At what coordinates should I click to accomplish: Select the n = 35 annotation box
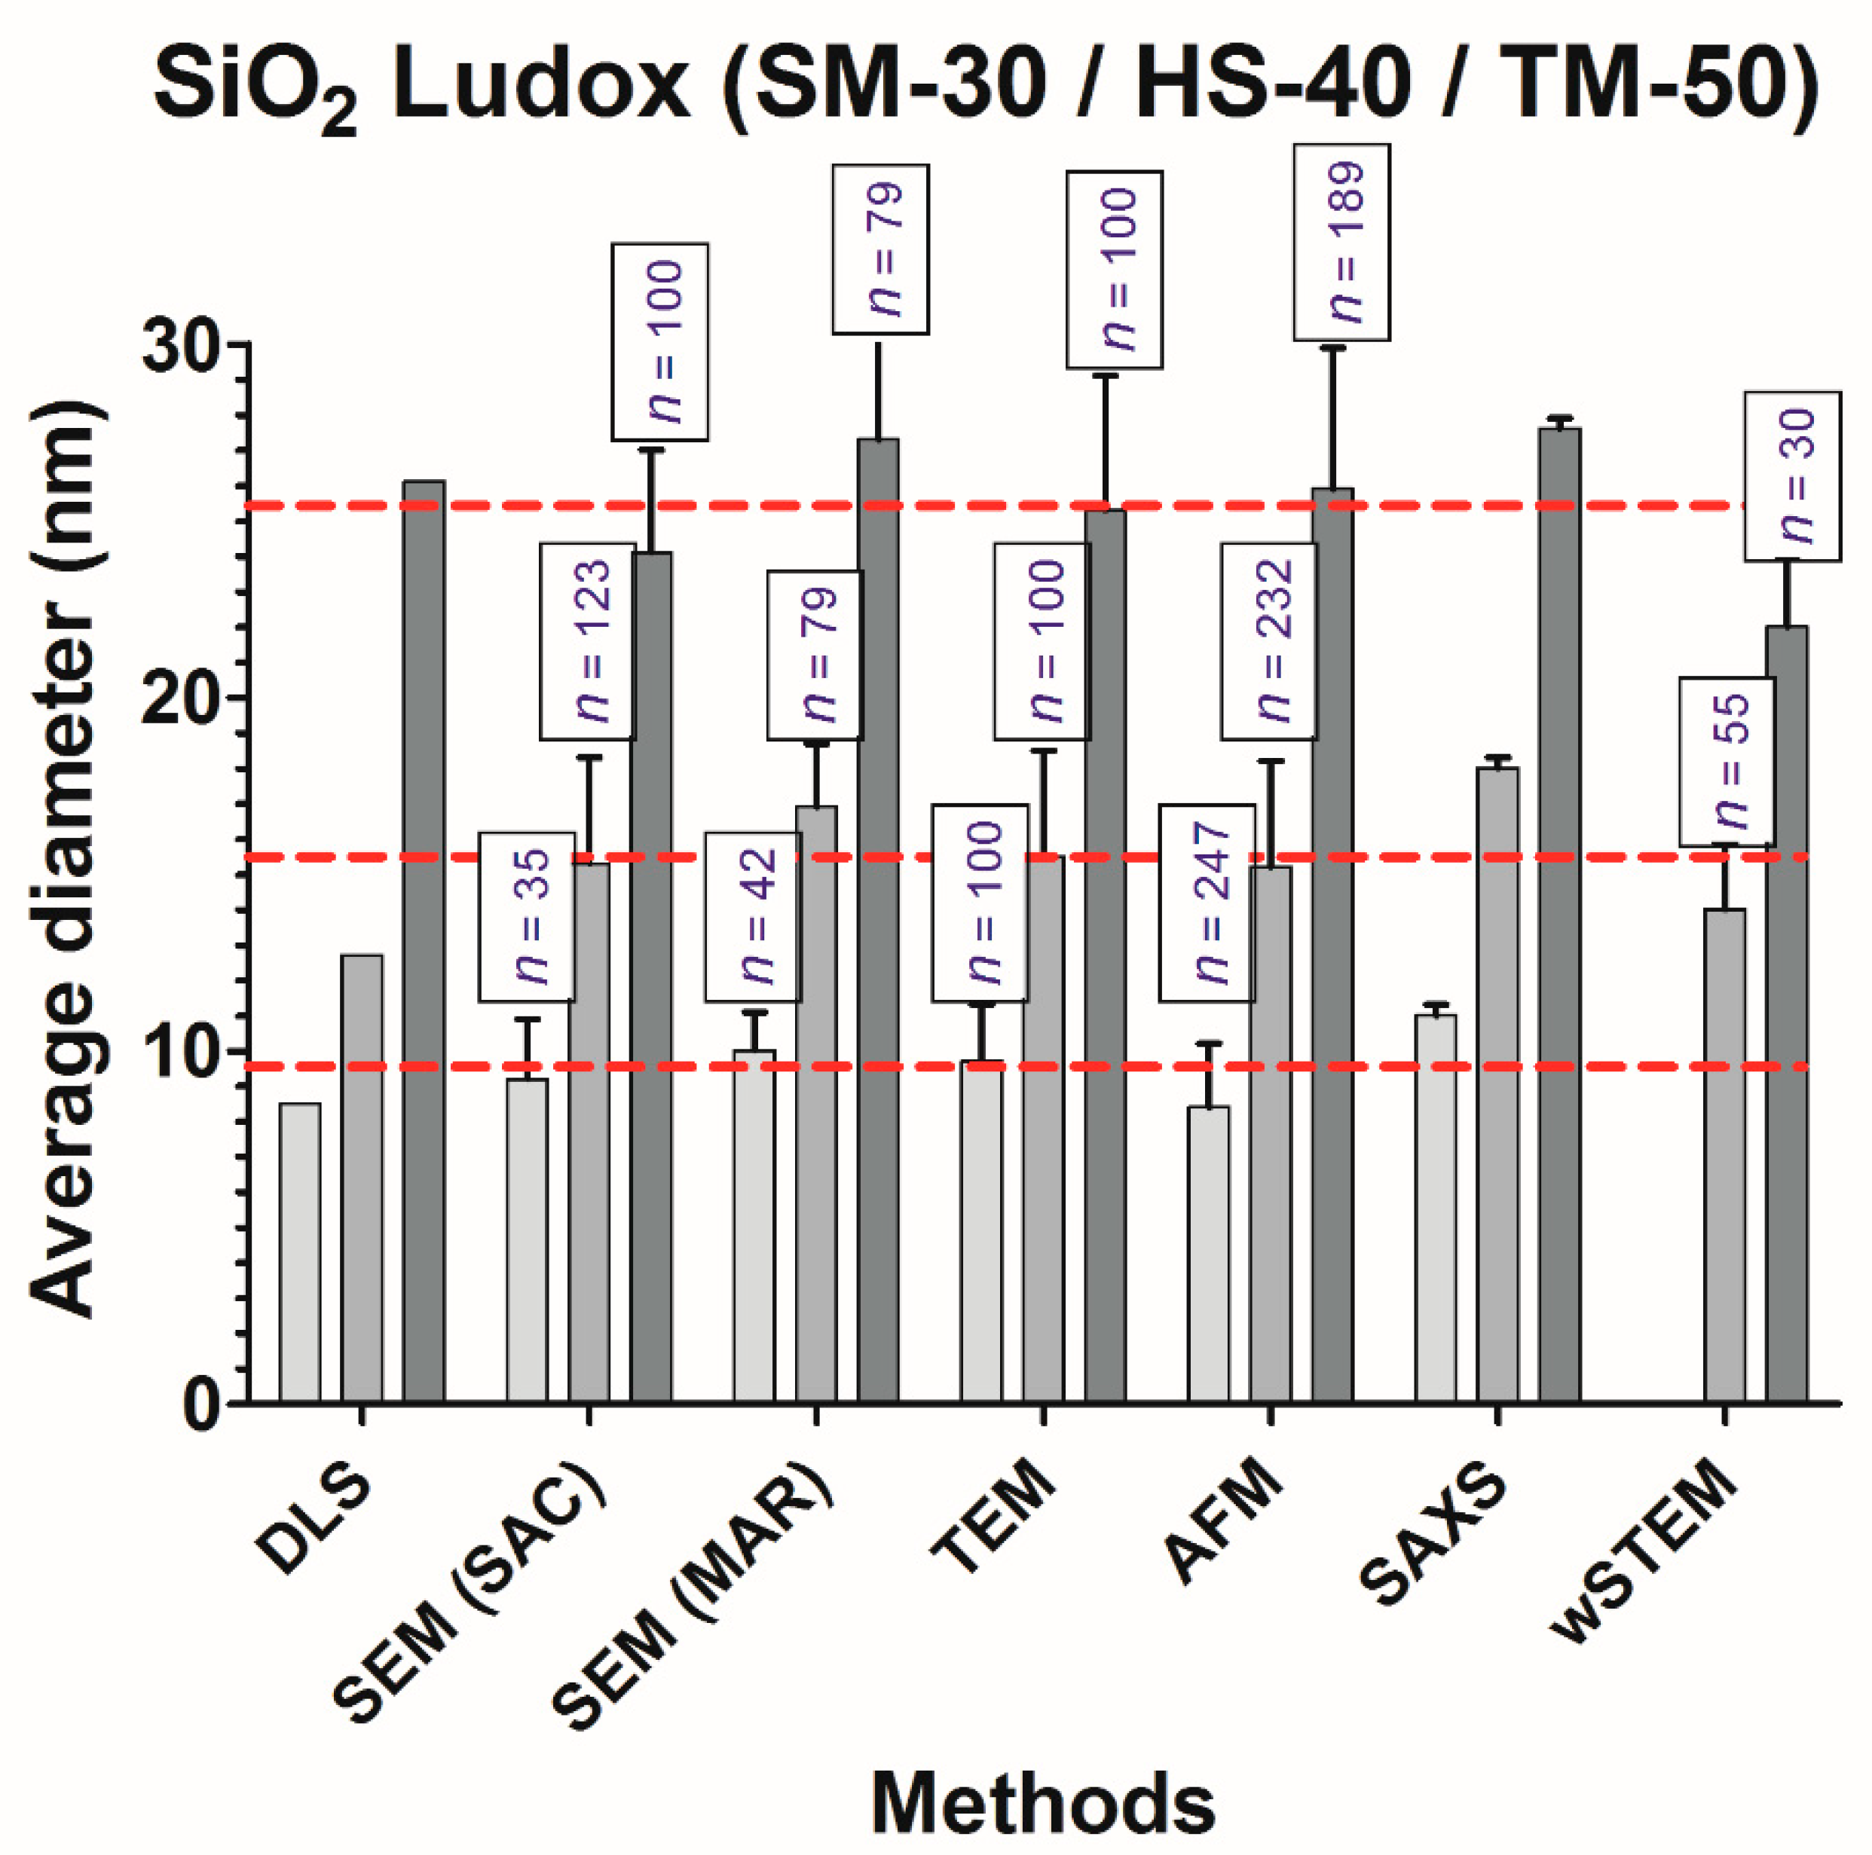tap(526, 916)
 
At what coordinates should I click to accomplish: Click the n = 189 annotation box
tap(1342, 242)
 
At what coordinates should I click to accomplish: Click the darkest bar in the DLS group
tap(424, 940)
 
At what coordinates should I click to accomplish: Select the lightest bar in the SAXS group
tap(1436, 1207)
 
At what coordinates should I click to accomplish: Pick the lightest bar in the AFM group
tap(1210, 1254)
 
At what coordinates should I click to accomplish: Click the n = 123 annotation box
tap(588, 641)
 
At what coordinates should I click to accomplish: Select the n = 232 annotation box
tap(1269, 641)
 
